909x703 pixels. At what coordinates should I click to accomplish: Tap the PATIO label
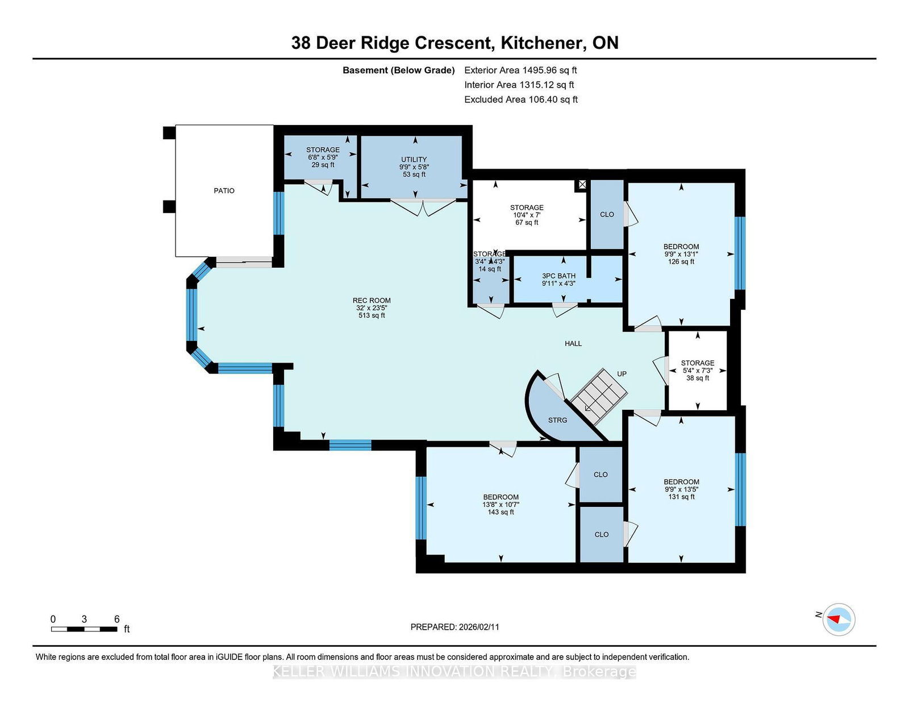click(x=224, y=191)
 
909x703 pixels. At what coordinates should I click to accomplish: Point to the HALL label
click(x=573, y=344)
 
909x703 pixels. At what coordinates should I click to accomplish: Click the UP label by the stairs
click(x=622, y=374)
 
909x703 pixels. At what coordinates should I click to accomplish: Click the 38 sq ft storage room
click(x=698, y=370)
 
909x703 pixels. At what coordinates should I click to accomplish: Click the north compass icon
click(x=839, y=619)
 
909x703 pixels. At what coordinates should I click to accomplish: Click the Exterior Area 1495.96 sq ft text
click(x=520, y=70)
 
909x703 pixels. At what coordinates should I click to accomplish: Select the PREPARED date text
click(x=454, y=627)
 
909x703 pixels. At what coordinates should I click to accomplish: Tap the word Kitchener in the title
click(x=541, y=43)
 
